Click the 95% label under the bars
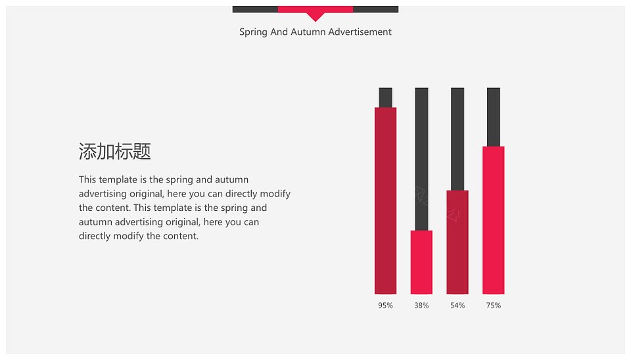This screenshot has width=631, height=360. pyautogui.click(x=385, y=305)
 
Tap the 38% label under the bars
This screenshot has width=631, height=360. pyautogui.click(x=421, y=305)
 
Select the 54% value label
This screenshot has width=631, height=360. pyautogui.click(x=457, y=305)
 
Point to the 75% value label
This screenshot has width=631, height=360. pyautogui.click(x=494, y=305)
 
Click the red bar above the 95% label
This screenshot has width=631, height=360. pyautogui.click(x=386, y=201)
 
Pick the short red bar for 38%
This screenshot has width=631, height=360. pyautogui.click(x=421, y=262)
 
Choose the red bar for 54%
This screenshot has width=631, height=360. pyautogui.click(x=457, y=242)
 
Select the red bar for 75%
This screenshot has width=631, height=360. pyautogui.click(x=494, y=220)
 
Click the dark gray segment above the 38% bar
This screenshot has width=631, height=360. pyautogui.click(x=421, y=159)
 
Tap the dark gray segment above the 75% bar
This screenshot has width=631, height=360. pyautogui.click(x=494, y=117)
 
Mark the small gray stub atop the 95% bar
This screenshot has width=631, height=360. pyautogui.click(x=386, y=97)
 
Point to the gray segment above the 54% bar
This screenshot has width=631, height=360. pyautogui.click(x=457, y=139)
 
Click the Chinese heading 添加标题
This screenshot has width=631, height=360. pyautogui.click(x=114, y=152)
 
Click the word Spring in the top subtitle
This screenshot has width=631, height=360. pyautogui.click(x=253, y=32)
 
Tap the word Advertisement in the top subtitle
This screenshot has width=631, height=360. pyautogui.click(x=360, y=32)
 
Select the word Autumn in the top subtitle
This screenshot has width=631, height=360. pyautogui.click(x=308, y=32)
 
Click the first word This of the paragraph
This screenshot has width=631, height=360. pyautogui.click(x=87, y=179)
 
